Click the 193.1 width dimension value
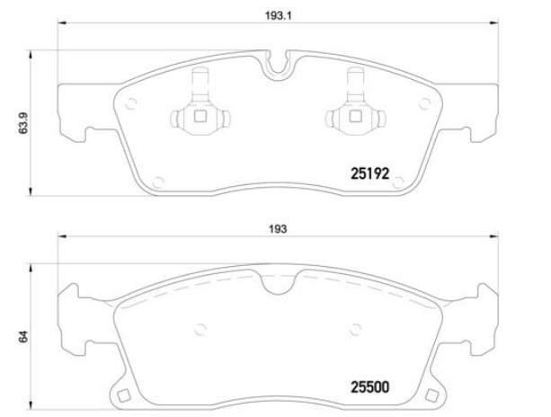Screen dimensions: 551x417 (279, 16)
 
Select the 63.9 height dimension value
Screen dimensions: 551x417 (23, 124)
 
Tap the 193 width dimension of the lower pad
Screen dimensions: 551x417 (278, 229)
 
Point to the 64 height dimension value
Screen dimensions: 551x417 (23, 336)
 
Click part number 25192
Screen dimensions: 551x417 (370, 173)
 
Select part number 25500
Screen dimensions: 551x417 (370, 387)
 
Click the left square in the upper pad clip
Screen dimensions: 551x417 (200, 116)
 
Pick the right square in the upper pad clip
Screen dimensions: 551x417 (355, 116)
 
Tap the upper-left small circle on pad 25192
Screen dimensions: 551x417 (130, 103)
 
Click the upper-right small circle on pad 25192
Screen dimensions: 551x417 (424, 103)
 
